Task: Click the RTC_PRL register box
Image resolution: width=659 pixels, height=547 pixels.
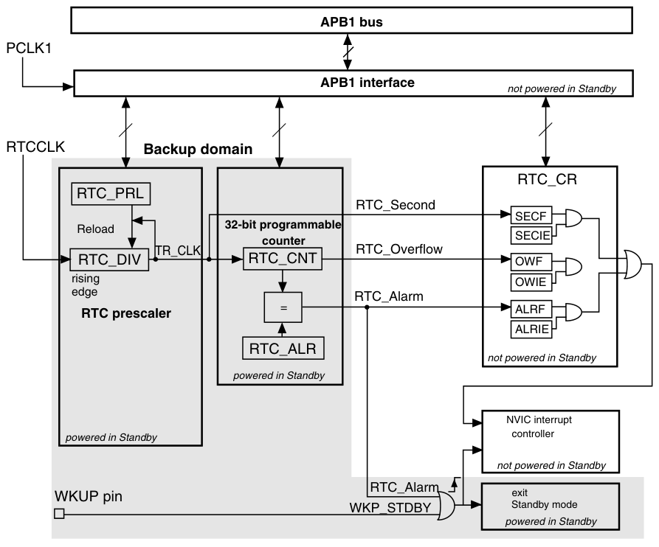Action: (111, 194)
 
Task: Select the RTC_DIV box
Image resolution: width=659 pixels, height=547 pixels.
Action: (109, 259)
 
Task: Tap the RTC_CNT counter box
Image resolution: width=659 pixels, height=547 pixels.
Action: (283, 258)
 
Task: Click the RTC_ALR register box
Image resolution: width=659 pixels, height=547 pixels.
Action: (283, 348)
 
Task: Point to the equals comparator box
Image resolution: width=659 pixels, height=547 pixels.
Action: (283, 307)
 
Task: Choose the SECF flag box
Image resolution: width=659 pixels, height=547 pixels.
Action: (531, 216)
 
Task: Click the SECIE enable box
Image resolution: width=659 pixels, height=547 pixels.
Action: (531, 235)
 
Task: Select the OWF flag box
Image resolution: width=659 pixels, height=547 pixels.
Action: (531, 262)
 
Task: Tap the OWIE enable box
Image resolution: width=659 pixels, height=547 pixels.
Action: (531, 282)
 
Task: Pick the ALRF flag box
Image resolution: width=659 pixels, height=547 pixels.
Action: (531, 310)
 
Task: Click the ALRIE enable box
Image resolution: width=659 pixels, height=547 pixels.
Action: (531, 329)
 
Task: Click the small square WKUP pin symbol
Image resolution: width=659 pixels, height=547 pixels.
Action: (59, 513)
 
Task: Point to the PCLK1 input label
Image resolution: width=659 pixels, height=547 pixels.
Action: (29, 48)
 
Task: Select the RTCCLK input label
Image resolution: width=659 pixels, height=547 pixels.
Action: (35, 147)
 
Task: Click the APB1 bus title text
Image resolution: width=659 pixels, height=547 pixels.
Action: (352, 22)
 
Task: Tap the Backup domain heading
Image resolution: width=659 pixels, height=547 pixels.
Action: (198, 149)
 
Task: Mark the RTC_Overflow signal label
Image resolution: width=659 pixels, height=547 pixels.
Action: (399, 249)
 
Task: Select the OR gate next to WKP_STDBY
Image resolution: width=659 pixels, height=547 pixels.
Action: (446, 506)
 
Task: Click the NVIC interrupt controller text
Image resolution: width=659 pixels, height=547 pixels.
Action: (539, 427)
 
